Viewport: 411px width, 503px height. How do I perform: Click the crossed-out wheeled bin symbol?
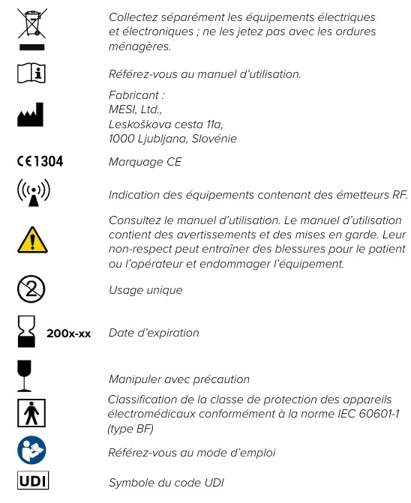tap(32, 27)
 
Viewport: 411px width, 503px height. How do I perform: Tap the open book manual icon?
tap(32, 73)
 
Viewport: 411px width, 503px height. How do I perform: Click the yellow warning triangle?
tap(32, 241)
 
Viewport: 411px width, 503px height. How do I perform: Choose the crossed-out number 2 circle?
tap(32, 289)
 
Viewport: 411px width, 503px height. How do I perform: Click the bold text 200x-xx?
tap(68, 333)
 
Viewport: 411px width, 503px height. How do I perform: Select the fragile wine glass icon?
tap(26, 376)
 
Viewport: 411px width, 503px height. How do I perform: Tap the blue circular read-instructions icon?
tap(32, 450)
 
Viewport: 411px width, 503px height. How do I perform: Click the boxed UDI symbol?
tap(32, 480)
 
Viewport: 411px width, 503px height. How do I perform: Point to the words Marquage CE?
tap(145, 162)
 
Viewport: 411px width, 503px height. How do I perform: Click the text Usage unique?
tap(145, 289)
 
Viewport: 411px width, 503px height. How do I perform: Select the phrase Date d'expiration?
tap(154, 332)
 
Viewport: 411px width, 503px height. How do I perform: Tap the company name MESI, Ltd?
tap(134, 110)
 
